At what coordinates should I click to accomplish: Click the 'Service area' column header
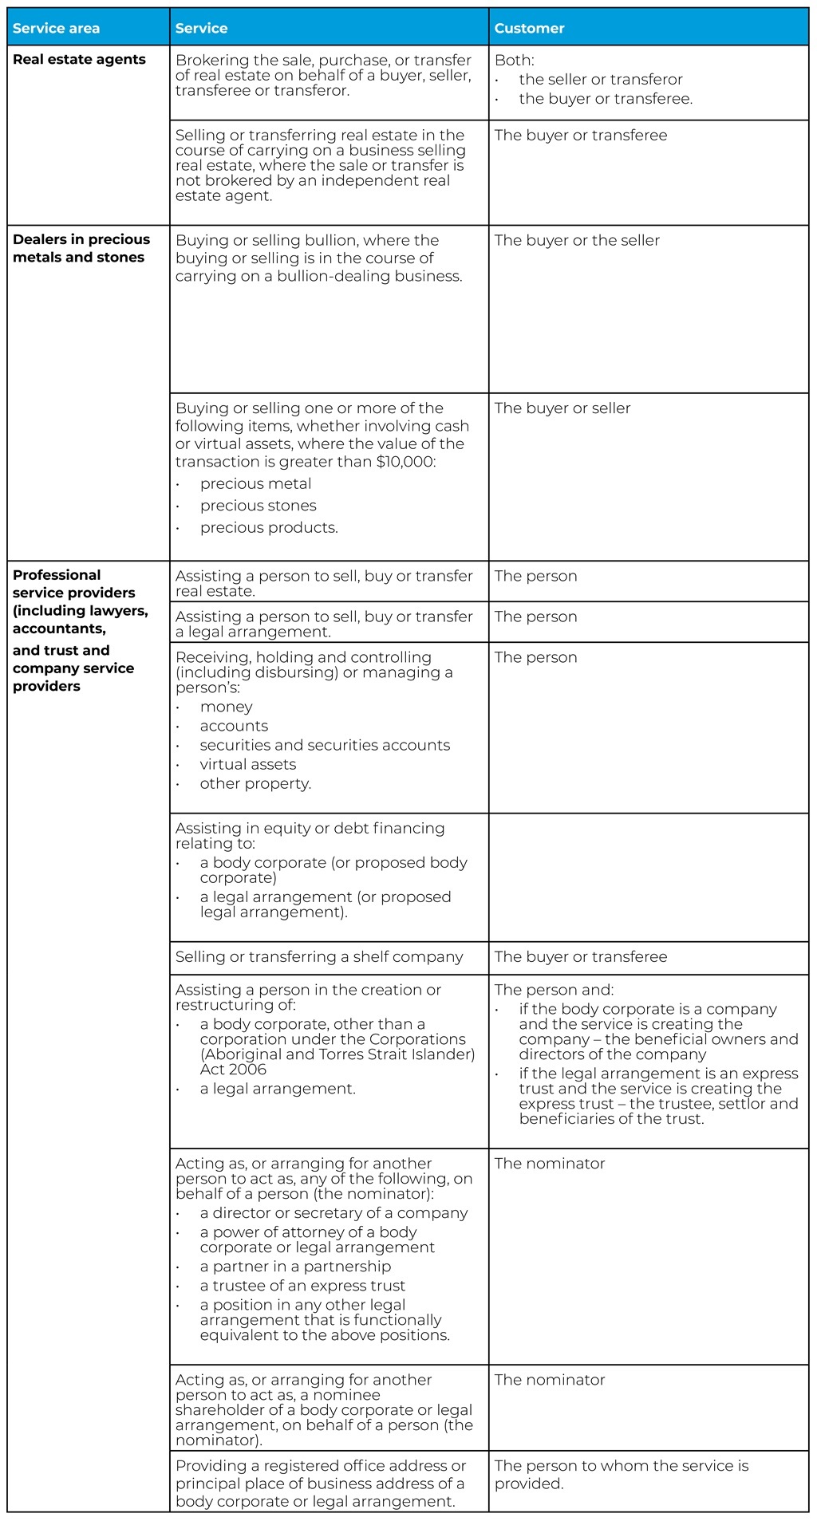pos(56,29)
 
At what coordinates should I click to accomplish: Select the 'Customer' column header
pos(529,29)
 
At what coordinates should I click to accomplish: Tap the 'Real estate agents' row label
pos(79,60)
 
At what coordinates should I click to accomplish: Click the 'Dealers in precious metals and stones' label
pos(81,248)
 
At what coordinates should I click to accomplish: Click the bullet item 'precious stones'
pos(258,506)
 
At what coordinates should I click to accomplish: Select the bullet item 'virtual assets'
pos(247,764)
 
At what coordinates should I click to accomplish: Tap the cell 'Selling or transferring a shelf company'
pos(319,957)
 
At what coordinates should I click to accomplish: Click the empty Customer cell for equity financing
pos(648,877)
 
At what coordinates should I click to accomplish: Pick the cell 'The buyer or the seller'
pos(577,241)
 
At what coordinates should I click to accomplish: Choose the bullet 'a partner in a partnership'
pos(295,1267)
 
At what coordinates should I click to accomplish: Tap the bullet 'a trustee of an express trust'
pos(302,1286)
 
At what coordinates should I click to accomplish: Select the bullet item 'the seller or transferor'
pos(600,80)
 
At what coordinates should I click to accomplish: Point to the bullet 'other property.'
pos(255,783)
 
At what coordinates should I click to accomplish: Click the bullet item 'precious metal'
pos(255,484)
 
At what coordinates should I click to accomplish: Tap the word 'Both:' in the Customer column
pos(515,61)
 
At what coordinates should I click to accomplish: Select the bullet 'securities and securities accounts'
pos(325,745)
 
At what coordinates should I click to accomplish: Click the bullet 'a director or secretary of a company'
pos(334,1213)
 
